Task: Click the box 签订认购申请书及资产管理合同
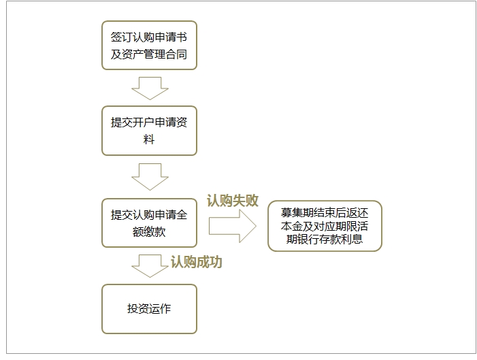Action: [x=149, y=44]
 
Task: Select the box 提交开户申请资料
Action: [x=149, y=131]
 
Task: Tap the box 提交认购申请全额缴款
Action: [x=149, y=223]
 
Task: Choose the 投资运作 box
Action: [x=149, y=309]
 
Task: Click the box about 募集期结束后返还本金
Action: [x=325, y=226]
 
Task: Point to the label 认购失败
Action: [x=233, y=201]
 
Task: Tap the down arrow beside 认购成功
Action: [x=149, y=265]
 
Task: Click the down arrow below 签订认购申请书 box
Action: [x=149, y=88]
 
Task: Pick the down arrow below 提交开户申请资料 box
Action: [x=149, y=176]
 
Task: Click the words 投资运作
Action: [x=149, y=309]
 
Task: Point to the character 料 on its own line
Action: [x=149, y=140]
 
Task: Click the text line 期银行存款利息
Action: [x=325, y=239]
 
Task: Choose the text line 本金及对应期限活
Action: [x=325, y=227]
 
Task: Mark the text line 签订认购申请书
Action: [x=149, y=35]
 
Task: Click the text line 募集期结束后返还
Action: [x=325, y=214]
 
